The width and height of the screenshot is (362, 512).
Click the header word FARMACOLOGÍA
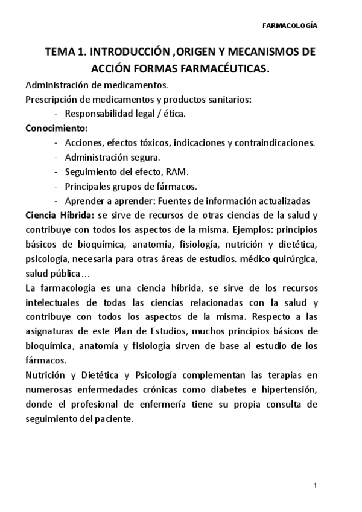point(291,26)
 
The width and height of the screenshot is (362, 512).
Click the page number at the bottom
point(316,486)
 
